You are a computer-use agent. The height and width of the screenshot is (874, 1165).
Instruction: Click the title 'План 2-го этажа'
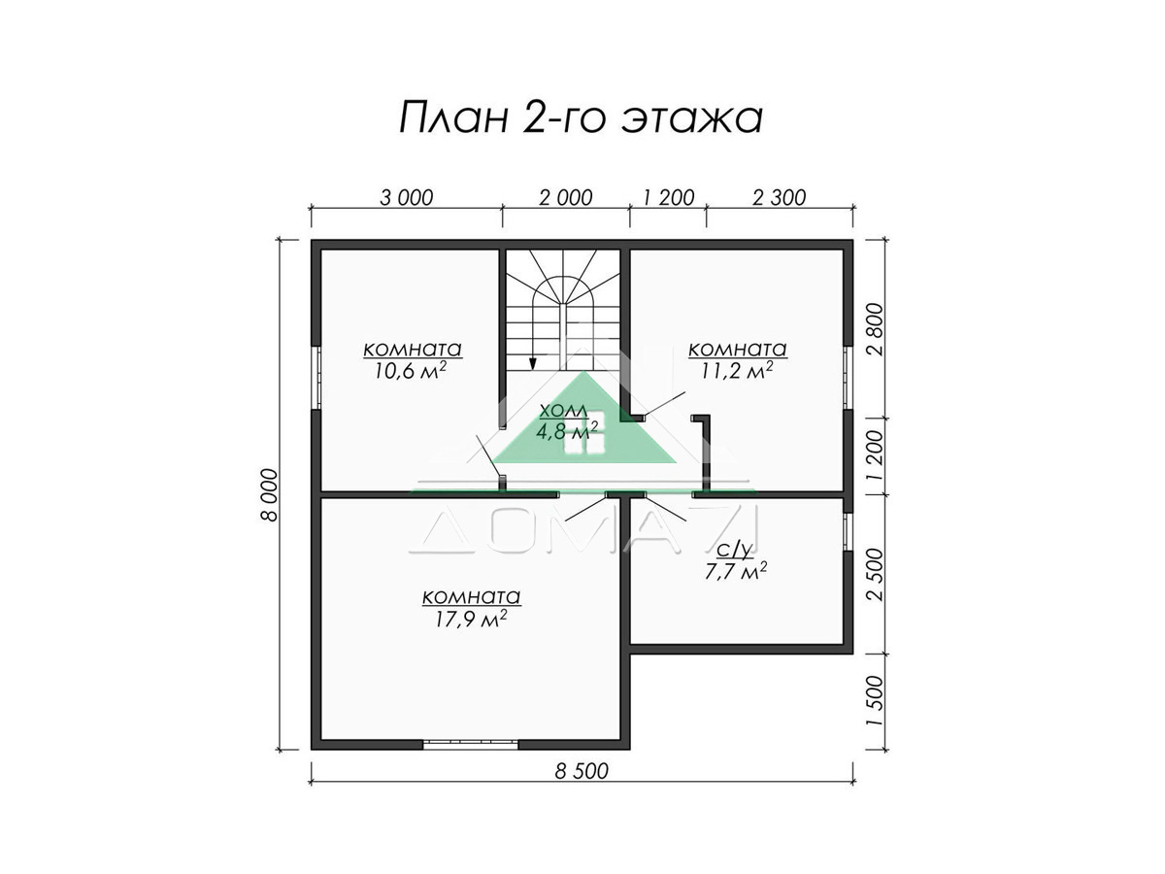582,119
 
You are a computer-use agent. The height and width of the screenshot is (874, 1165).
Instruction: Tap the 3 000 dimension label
407,198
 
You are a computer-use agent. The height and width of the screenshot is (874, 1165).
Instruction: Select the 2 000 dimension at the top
566,198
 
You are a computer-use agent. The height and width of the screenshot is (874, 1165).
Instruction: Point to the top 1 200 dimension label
668,198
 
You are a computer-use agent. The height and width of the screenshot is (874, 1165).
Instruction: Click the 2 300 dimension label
780,198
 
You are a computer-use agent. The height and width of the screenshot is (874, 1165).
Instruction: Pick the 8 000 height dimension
270,495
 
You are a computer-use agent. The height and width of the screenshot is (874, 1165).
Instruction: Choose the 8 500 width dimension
582,771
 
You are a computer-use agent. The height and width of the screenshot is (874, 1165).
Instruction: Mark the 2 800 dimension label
877,329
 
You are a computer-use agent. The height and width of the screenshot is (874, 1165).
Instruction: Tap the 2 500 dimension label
877,575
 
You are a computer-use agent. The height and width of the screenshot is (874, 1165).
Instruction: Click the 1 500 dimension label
877,700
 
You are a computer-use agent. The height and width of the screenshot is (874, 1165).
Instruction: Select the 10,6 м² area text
411,370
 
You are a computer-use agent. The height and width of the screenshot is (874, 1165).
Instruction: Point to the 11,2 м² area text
737,370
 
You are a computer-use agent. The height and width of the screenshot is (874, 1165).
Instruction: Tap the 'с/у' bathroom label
735,552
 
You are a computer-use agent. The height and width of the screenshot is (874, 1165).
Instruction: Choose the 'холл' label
563,410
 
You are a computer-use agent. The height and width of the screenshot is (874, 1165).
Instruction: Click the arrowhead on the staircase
532,363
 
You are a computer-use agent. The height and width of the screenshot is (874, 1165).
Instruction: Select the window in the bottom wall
470,745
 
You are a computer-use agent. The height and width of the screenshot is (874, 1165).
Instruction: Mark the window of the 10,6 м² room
316,378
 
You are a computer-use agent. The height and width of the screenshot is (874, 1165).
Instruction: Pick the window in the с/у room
849,532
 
